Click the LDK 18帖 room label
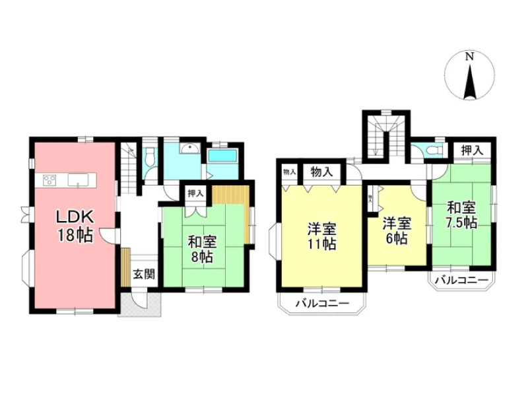[75, 226]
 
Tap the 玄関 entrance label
[144, 274]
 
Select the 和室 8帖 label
[203, 249]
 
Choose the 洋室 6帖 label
[397, 231]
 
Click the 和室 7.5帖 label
[461, 215]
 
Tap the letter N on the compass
[469, 57]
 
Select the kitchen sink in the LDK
[78, 180]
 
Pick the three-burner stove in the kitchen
[49, 180]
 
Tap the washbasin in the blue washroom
[190, 148]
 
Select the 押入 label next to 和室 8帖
[195, 193]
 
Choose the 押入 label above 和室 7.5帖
[472, 150]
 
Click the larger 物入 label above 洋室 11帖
[321, 172]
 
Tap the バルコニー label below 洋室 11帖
[322, 304]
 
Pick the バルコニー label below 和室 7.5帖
[461, 280]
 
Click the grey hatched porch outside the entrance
[140, 305]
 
